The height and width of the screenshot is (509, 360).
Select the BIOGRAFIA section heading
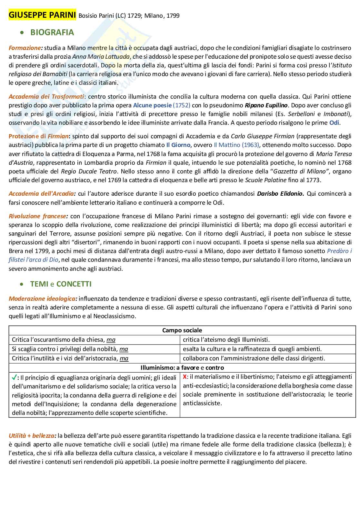52,32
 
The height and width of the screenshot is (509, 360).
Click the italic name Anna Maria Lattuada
101,57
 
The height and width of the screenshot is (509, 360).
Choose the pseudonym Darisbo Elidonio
280,194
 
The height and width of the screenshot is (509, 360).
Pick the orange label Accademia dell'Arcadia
42,194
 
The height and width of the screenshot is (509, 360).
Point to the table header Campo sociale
182,330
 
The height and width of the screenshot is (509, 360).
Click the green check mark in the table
15,377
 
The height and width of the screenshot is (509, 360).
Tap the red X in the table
185,377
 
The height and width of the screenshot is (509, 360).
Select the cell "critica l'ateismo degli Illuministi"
226,339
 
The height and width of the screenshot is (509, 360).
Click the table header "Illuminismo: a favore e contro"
182,367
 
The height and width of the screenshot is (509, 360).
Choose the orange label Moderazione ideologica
43,299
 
